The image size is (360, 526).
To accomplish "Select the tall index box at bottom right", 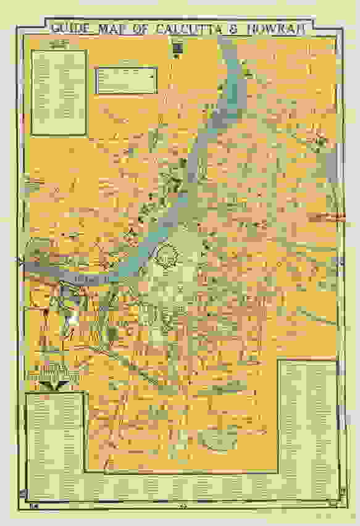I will pos(308,420).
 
